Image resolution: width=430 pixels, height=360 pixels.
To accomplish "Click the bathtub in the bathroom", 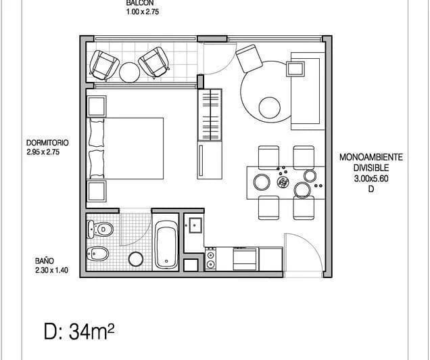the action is point(166,244).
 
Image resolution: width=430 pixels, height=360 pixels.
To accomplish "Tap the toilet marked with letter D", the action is point(100,229).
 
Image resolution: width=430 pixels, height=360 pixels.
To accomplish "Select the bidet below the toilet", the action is point(98,253).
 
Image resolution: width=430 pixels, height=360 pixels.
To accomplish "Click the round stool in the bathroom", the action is point(136,259).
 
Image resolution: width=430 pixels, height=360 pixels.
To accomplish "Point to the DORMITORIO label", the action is point(47,143).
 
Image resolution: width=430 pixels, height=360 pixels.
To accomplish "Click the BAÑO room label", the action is point(45,261).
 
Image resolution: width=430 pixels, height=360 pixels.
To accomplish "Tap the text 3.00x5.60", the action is point(371,179).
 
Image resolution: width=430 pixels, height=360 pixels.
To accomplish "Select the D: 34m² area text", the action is point(79,332).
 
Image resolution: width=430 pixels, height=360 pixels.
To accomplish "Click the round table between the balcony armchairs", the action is point(129,72).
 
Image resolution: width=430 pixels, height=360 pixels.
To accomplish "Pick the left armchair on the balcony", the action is point(104,66).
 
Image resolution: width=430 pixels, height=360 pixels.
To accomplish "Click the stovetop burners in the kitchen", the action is point(211,258).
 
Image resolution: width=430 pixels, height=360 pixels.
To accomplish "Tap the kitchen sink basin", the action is point(195,225).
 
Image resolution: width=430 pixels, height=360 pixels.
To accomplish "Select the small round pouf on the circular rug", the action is point(269,108).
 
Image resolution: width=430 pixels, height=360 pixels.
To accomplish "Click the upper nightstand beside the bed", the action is point(96,106).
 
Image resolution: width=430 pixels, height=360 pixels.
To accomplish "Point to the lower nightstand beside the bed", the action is point(96,191).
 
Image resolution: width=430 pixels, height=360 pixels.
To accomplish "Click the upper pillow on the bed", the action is point(97,133).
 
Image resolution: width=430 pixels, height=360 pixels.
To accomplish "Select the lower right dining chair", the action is point(304,208).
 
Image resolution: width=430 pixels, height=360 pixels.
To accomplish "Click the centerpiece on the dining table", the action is point(283,182).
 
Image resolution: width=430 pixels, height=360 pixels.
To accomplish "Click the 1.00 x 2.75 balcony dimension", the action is point(143,12).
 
